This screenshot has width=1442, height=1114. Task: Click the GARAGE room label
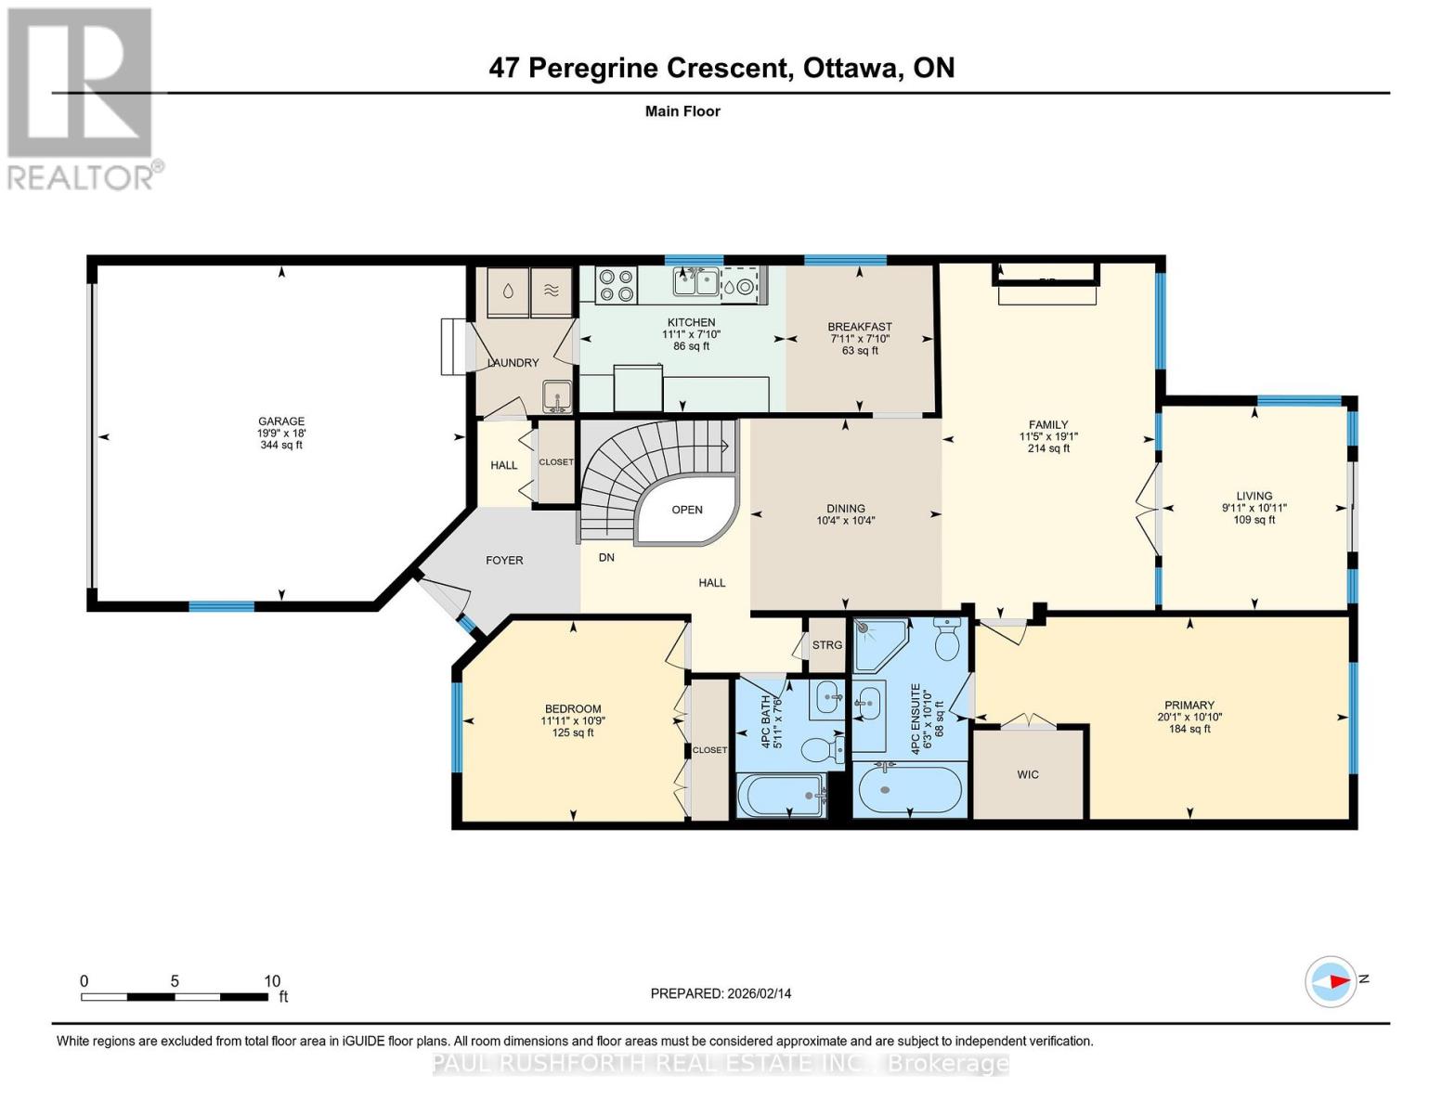click(280, 421)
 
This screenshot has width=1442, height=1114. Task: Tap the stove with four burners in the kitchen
click(616, 285)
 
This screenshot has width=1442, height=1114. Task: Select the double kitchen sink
click(695, 282)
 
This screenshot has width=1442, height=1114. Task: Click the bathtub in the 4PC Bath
click(782, 797)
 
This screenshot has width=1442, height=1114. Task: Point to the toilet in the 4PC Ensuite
click(948, 641)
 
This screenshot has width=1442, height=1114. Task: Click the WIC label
click(1028, 774)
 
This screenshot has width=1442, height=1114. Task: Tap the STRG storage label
click(826, 645)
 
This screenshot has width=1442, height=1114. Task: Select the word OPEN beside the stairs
click(687, 510)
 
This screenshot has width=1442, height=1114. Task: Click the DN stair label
click(606, 558)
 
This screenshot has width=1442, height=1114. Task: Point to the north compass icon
click(1332, 981)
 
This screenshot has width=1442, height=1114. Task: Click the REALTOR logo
click(81, 97)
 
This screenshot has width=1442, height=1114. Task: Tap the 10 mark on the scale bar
click(272, 981)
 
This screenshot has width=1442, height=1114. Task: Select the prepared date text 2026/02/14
click(759, 993)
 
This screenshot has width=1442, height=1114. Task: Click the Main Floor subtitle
click(682, 111)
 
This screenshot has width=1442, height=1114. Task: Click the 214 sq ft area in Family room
click(1048, 448)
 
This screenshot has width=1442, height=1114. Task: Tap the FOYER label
click(504, 561)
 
